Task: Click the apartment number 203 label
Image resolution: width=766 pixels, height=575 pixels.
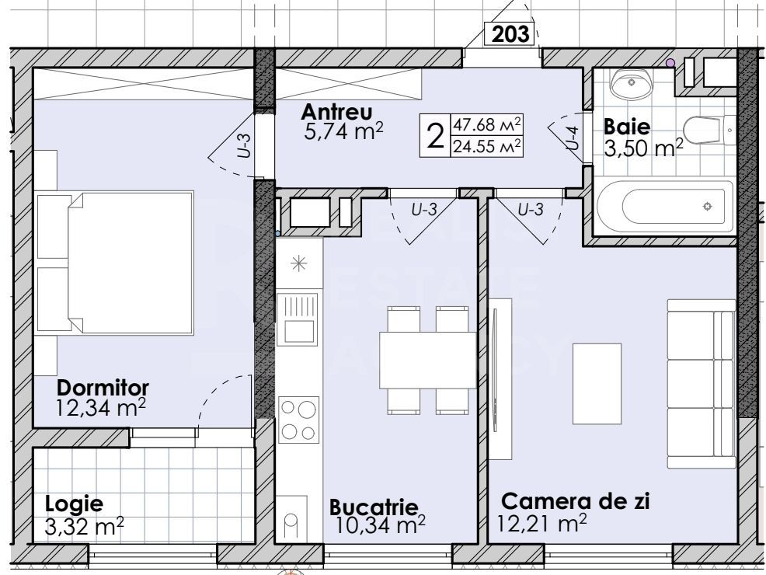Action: click(x=510, y=33)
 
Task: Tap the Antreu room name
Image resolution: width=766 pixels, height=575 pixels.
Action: click(x=338, y=110)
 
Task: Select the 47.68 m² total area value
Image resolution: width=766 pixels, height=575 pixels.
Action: click(x=486, y=124)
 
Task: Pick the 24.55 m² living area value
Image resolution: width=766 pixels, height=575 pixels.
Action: click(x=486, y=145)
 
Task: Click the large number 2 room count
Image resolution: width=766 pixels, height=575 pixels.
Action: click(x=436, y=136)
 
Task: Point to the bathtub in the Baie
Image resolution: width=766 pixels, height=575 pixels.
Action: click(x=664, y=207)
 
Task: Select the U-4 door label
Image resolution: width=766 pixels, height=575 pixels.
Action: click(x=572, y=138)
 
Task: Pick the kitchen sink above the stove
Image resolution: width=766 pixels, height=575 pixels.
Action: click(x=298, y=319)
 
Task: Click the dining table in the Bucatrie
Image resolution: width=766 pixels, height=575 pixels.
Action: click(x=427, y=359)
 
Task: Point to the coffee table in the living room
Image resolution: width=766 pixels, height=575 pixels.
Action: click(x=596, y=383)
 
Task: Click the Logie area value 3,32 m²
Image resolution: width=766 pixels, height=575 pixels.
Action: click(x=85, y=529)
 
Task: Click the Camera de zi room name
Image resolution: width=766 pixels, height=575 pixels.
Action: click(x=575, y=501)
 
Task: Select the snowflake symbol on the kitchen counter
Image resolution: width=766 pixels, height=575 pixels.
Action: click(x=298, y=263)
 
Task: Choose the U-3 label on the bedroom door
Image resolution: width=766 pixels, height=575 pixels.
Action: click(x=242, y=145)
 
